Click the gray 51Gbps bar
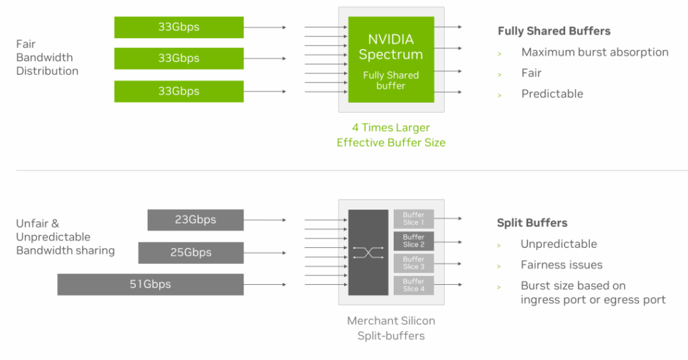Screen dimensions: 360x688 (150, 284)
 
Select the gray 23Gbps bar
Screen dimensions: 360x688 (196, 220)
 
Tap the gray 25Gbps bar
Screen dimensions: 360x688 (191, 253)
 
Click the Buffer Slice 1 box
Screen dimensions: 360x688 (413, 219)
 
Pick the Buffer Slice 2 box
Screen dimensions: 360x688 (413, 241)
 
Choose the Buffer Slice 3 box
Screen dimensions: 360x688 (413, 263)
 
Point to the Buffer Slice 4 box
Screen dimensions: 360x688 (413, 285)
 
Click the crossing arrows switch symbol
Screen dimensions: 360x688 (368, 253)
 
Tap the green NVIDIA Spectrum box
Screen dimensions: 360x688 (390, 60)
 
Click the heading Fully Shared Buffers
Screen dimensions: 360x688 (554, 31)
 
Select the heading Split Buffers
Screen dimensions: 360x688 (532, 223)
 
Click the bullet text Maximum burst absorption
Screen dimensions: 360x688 (595, 52)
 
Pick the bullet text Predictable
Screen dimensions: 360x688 (552, 94)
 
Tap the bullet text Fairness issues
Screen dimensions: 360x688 (562, 265)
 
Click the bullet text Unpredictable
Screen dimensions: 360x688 (559, 244)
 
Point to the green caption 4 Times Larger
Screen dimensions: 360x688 (390, 128)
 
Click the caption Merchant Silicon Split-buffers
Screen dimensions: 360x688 (390, 328)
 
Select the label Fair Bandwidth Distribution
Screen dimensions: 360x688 (47, 58)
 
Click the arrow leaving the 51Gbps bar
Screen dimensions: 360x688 (265, 284)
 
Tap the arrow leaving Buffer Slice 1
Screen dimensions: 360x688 (448, 218)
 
